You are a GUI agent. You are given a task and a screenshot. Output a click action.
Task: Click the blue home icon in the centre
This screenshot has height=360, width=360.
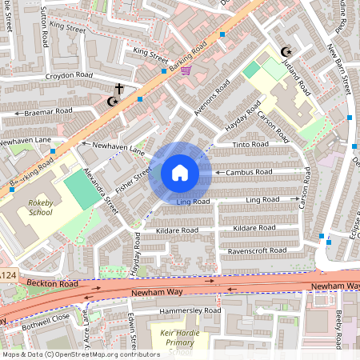pos(180,173)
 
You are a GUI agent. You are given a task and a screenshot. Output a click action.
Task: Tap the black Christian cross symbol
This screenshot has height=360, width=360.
pos(119,89)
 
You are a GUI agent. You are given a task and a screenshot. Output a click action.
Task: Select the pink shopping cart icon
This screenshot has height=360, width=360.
pos(186,70)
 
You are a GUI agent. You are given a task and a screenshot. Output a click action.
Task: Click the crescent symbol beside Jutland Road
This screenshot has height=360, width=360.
pos(286,52)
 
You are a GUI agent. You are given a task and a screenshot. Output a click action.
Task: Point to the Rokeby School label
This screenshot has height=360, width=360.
pos(39,209)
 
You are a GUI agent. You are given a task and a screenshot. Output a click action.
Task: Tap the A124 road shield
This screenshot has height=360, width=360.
pos(7,276)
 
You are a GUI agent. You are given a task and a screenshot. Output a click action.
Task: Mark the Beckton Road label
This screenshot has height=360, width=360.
pos(51,283)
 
